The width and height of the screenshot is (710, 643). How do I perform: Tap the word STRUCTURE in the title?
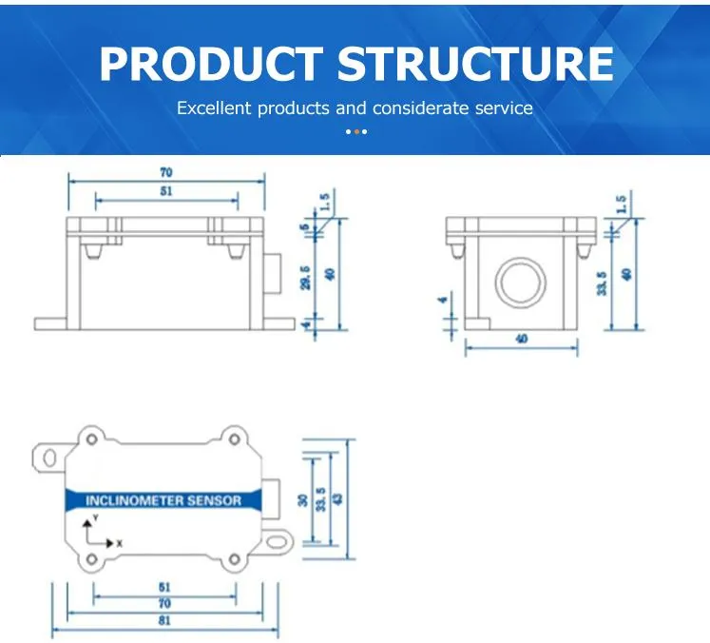click(476, 64)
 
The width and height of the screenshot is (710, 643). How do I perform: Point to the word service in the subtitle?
click(504, 108)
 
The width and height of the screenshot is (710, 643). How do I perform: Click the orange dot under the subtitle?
click(355, 131)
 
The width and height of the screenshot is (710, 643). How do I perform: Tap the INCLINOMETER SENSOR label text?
click(163, 500)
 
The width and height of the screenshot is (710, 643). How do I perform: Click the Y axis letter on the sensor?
click(95, 516)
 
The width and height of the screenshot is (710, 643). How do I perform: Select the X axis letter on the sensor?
click(120, 542)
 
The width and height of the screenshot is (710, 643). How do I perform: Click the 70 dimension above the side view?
click(167, 173)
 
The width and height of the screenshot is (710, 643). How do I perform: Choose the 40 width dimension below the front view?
click(521, 339)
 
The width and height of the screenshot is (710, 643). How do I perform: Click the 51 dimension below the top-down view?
click(163, 588)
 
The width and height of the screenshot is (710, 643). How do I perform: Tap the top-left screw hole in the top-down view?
click(92, 439)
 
